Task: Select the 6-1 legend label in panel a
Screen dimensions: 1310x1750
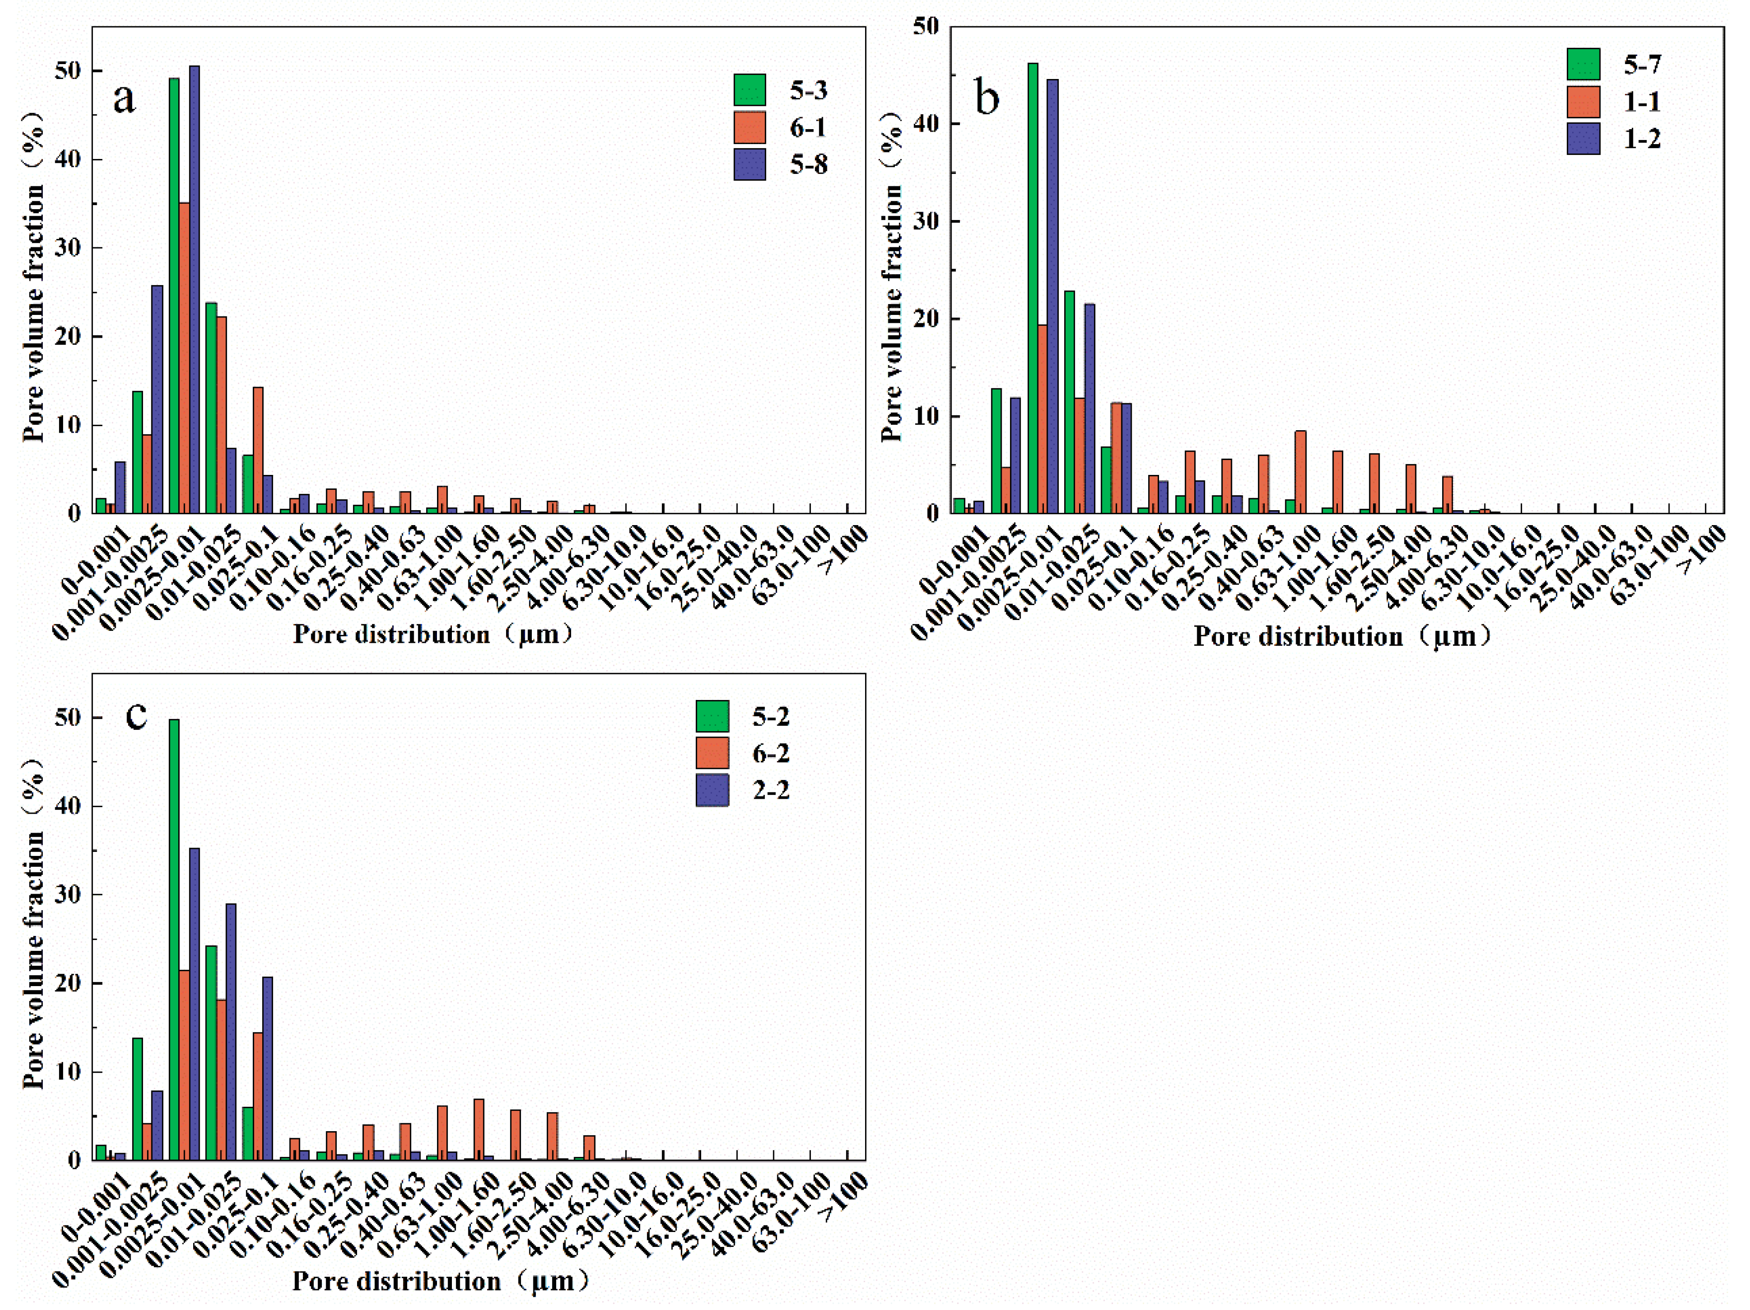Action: [x=808, y=128]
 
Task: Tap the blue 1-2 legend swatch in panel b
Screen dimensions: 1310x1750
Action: [x=1583, y=139]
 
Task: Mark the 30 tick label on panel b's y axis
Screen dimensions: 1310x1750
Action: [x=926, y=222]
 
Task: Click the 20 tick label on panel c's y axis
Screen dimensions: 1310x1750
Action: [x=68, y=983]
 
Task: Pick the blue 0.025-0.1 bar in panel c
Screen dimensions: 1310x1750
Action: [x=267, y=1069]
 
